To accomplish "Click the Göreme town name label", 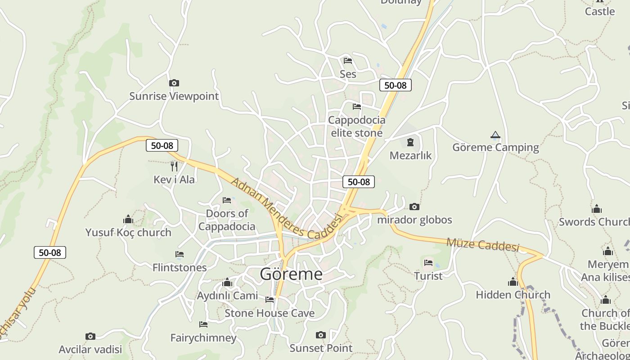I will click(291, 274).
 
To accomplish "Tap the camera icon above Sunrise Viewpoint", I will click(174, 83).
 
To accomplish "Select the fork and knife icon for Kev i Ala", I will click(174, 166).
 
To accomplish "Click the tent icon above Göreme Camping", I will click(495, 135).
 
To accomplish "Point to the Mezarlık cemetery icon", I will click(410, 143).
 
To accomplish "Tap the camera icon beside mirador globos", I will click(414, 207).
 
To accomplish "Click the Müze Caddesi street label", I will click(482, 245).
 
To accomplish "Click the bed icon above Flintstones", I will click(180, 255).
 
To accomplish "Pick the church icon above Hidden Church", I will click(513, 282).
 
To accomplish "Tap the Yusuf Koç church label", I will click(128, 233).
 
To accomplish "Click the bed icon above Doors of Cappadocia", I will click(227, 200).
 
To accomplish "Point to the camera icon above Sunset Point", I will click(320, 335).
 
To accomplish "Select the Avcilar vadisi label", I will click(90, 349).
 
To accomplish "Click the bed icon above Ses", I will click(347, 60).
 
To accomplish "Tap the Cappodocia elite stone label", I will click(356, 126).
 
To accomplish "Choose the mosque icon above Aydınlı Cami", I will click(227, 283).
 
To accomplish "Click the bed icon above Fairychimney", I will click(203, 324).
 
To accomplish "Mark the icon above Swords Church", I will click(597, 209).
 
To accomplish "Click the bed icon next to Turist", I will click(428, 263).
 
